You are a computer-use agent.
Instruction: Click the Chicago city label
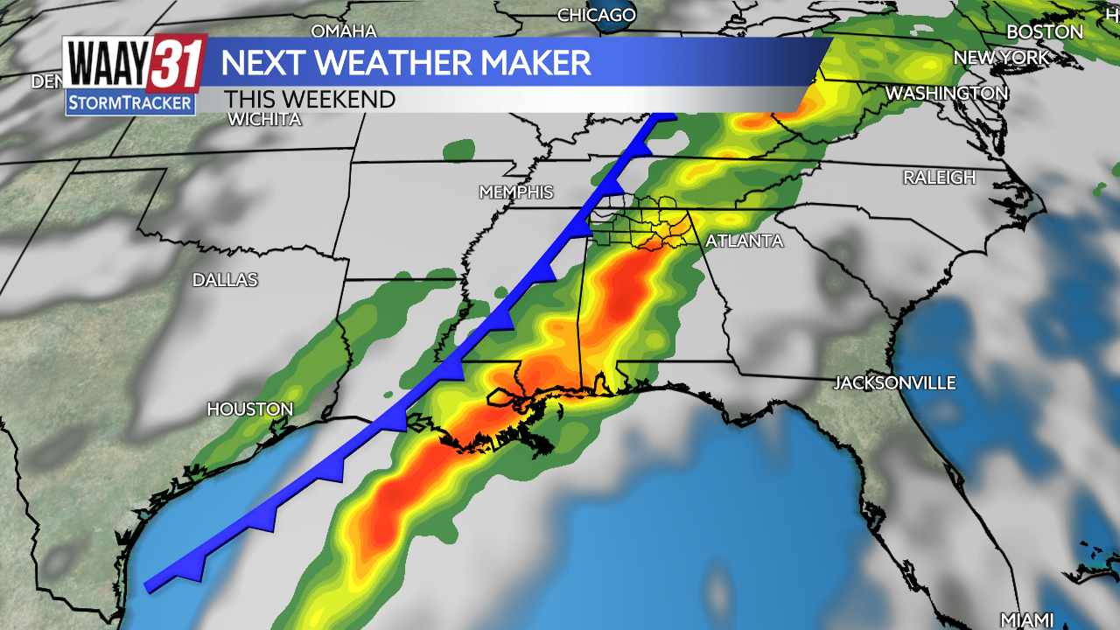click(x=596, y=15)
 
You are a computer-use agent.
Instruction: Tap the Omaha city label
click(x=344, y=31)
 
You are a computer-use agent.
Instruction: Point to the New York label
click(x=1001, y=58)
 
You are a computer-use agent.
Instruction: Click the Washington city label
click(x=947, y=93)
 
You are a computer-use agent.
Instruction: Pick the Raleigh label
click(x=939, y=178)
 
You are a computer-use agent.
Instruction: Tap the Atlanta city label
click(x=744, y=241)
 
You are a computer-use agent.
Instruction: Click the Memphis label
click(x=516, y=192)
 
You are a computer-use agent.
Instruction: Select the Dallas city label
click(x=226, y=280)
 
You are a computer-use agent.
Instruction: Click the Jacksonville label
click(x=894, y=383)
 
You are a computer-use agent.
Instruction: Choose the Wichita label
click(x=264, y=120)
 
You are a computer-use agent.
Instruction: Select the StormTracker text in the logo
click(x=129, y=102)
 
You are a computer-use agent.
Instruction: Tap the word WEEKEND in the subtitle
click(x=343, y=99)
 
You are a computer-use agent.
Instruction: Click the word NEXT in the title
click(x=260, y=63)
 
